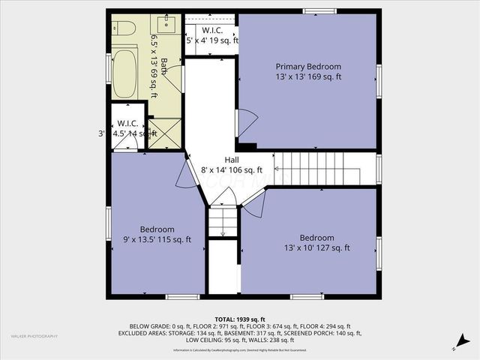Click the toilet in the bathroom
click(126, 28)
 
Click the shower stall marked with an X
click(165, 133)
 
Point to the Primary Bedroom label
click(307, 67)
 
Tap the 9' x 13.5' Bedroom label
click(157, 229)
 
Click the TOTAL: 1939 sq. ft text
click(239, 319)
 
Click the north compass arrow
click(454, 347)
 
